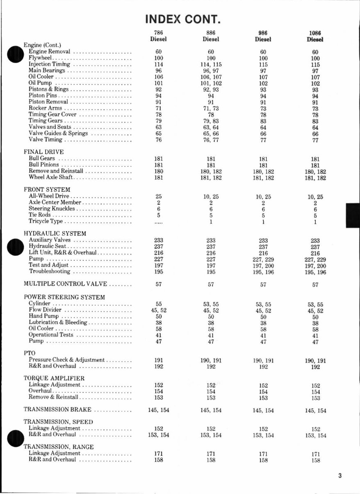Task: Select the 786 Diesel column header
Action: (158, 36)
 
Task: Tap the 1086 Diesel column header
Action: (315, 36)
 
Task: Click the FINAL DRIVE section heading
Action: (44, 152)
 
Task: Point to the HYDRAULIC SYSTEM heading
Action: (55, 234)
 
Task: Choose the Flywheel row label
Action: (39, 58)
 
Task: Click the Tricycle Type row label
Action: (46, 221)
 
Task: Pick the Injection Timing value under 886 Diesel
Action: (211, 65)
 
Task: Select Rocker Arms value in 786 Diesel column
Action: (159, 108)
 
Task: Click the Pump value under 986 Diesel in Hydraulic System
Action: (263, 260)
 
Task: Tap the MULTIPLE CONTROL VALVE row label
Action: (65, 284)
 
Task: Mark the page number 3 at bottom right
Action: (340, 476)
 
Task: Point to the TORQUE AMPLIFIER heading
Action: (54, 378)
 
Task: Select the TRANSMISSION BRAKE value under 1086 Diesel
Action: (316, 410)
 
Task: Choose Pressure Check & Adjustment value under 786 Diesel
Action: (159, 360)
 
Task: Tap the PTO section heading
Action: (30, 353)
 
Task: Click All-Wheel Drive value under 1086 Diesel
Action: (315, 197)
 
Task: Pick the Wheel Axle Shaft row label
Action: (51, 177)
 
